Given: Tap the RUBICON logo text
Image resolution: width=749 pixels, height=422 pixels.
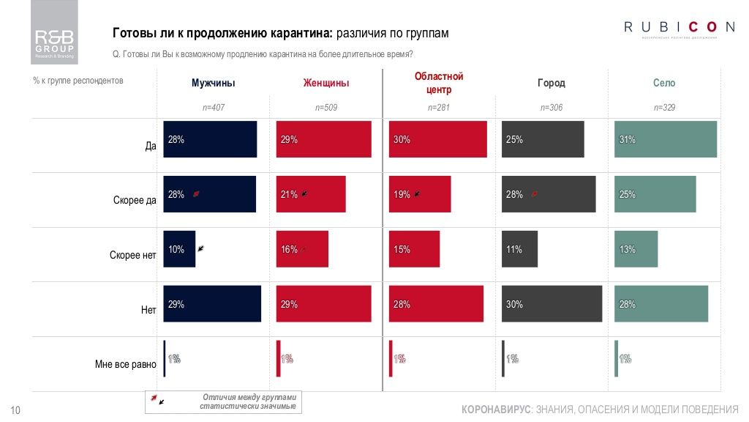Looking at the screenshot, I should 679,27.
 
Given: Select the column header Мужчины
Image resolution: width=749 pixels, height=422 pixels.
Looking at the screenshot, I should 213,84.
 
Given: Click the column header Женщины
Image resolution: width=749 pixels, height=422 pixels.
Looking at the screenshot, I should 325,84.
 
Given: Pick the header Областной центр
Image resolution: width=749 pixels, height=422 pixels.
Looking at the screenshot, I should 439,83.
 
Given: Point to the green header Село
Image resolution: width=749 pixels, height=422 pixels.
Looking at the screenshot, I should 664,84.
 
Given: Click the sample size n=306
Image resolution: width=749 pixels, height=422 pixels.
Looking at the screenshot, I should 551,108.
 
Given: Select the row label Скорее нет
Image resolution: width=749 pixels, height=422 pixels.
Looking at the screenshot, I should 133,256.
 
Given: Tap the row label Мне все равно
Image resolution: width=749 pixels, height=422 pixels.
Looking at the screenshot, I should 126,363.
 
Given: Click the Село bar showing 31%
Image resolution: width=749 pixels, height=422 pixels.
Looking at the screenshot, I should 665,139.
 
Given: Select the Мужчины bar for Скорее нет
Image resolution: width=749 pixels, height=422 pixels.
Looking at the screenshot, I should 179,249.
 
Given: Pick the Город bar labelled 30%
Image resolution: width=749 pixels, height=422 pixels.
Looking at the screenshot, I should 552,303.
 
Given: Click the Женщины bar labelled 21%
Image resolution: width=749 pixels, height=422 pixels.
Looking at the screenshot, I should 311,194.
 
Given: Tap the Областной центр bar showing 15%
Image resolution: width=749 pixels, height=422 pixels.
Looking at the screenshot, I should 415,249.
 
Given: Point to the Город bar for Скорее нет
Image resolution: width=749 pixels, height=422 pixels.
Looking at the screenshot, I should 520,249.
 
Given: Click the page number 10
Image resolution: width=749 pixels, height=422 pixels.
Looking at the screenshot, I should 15,410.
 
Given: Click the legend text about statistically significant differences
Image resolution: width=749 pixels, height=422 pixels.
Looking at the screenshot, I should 248,401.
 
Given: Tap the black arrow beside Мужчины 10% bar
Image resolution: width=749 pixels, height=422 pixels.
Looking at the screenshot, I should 200,248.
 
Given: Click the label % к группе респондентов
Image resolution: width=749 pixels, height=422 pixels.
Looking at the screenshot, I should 78,81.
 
